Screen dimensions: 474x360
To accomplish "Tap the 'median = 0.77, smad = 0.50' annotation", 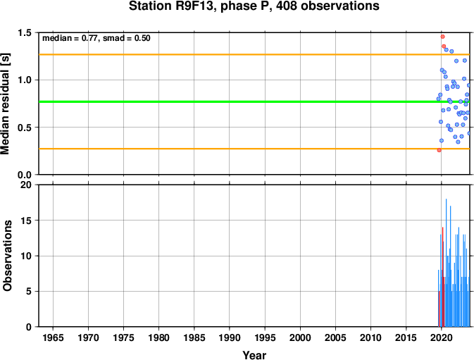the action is click(x=96, y=38).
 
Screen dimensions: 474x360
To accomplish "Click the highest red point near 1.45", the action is click(x=442, y=37).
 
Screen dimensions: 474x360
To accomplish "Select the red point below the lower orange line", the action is click(x=439, y=150).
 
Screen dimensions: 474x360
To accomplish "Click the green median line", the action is click(x=254, y=101).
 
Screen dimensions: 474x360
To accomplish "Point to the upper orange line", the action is click(x=254, y=54).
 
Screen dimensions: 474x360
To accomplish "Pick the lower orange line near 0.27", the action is click(x=254, y=149).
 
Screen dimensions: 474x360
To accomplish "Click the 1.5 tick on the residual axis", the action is click(x=25, y=32).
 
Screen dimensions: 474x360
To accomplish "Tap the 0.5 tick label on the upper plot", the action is click(x=25, y=128).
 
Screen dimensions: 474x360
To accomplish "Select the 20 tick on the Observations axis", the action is click(x=25, y=185).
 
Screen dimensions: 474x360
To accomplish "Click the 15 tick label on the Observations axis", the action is click(x=25, y=221).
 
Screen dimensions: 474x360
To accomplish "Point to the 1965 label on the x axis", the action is click(x=53, y=337).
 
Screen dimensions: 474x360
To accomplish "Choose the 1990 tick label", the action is click(x=230, y=337).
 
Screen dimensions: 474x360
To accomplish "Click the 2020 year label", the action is click(x=441, y=337).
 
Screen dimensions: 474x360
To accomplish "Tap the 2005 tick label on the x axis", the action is click(x=335, y=337).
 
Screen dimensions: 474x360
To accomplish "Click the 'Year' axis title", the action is click(x=254, y=355).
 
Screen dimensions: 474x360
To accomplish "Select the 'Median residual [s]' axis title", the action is click(x=6, y=104).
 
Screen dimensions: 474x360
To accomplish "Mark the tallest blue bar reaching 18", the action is click(x=447, y=263).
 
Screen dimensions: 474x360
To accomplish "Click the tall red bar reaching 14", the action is click(x=442, y=277).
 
